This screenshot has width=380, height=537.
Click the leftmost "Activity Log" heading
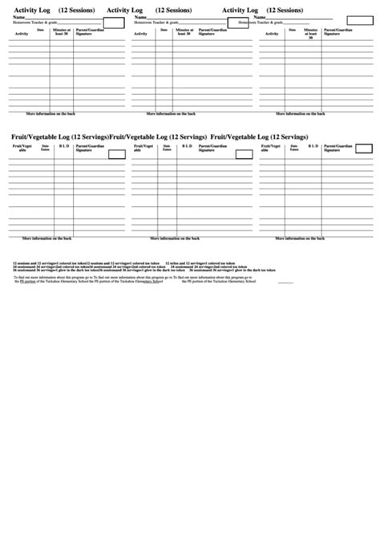click(x=34, y=10)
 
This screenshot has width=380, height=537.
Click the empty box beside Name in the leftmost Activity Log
click(x=114, y=22)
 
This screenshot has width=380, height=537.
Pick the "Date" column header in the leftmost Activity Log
click(x=41, y=31)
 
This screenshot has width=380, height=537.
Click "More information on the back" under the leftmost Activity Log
click(x=52, y=114)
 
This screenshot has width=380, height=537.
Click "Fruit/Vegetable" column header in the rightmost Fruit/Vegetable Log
click(x=275, y=148)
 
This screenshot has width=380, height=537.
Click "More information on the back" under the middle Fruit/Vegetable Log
click(x=176, y=238)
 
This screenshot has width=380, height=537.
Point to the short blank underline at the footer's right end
click(x=286, y=283)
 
